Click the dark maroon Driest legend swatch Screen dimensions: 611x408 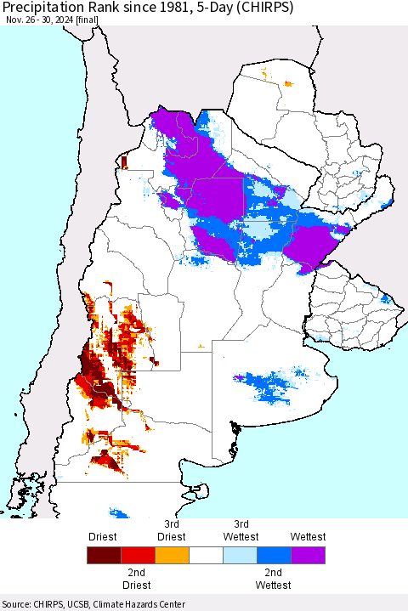(104, 556)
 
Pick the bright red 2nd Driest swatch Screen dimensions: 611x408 (138, 556)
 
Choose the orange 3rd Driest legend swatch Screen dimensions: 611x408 (172, 556)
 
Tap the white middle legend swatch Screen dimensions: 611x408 (206, 556)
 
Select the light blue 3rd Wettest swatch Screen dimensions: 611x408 (240, 556)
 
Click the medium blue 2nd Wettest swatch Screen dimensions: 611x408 (274, 556)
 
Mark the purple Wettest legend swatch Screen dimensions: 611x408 (308, 556)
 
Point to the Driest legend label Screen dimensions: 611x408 (103, 537)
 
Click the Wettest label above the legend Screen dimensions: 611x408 (308, 537)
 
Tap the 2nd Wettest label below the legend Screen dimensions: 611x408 (274, 579)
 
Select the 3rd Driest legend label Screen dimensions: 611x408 (172, 530)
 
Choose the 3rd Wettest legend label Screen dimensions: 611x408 (241, 530)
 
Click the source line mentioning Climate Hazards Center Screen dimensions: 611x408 (93, 604)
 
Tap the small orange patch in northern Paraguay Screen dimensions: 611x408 (288, 83)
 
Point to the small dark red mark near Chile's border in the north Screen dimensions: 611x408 (123, 161)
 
